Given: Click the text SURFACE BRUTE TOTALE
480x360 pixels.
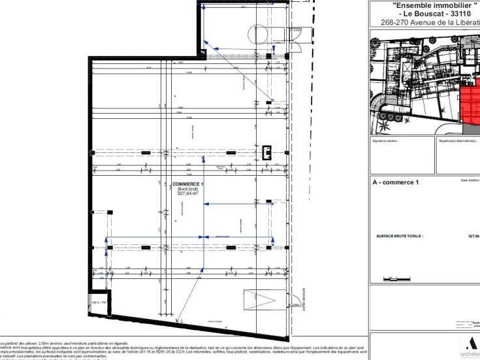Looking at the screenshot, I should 400,237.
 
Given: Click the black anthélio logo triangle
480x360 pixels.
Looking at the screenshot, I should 472,344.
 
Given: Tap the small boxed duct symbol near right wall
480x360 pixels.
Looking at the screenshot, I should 266,152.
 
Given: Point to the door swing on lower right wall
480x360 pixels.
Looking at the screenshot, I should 296,301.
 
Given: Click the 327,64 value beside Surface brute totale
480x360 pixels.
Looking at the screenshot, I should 473,237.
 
